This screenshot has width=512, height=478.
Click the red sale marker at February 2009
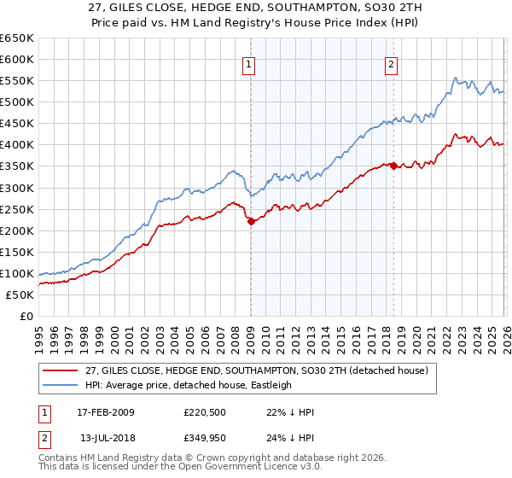(x=251, y=221)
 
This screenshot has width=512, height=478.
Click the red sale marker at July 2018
(x=393, y=166)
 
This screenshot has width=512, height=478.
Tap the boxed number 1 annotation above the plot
(x=248, y=63)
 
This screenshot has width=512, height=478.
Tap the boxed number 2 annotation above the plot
(x=391, y=63)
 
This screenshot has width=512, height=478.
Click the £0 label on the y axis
(x=26, y=317)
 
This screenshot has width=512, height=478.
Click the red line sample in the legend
(x=61, y=370)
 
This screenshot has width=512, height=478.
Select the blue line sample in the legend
(x=61, y=385)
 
